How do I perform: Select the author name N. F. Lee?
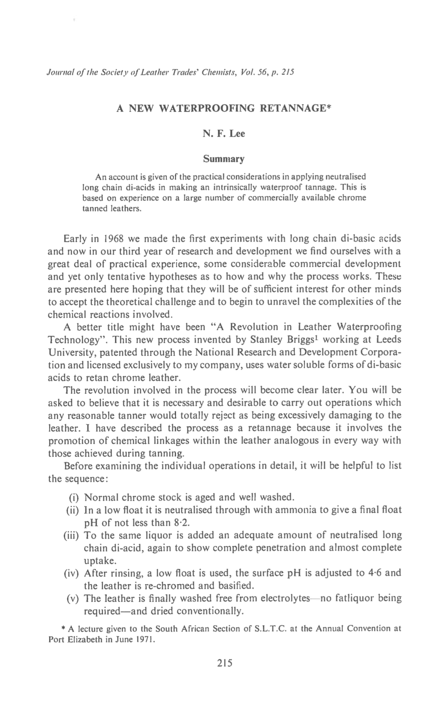(224, 133)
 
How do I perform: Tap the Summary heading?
(224, 159)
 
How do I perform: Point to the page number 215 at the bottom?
(224, 663)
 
